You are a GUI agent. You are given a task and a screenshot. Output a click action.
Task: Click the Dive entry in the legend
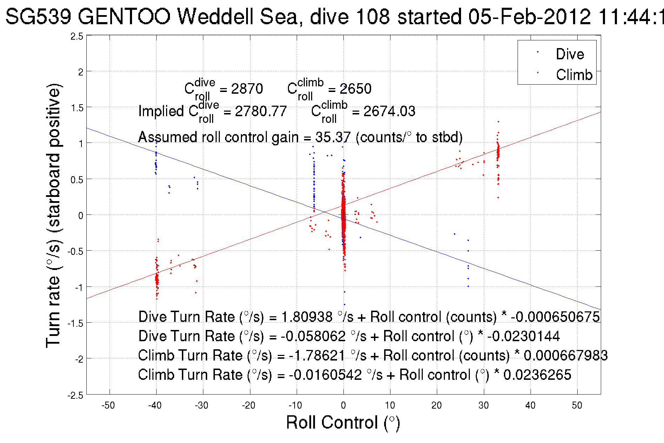click(x=570, y=54)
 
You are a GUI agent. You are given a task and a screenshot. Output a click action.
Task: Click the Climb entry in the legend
click(x=574, y=75)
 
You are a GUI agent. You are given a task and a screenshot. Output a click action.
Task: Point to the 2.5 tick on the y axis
click(x=77, y=37)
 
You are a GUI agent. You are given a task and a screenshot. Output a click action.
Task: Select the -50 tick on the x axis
click(x=108, y=405)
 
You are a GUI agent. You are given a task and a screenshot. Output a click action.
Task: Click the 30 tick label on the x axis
click(x=484, y=405)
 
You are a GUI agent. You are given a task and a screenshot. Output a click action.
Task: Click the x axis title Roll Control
click(x=343, y=422)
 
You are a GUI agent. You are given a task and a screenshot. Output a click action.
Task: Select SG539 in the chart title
click(x=39, y=16)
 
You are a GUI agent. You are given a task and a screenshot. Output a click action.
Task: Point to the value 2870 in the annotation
click(x=247, y=89)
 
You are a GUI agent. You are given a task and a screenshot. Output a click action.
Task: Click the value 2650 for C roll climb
click(x=355, y=89)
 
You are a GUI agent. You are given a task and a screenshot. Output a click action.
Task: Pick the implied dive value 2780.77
click(x=261, y=112)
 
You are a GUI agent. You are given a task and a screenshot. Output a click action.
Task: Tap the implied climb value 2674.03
click(x=389, y=112)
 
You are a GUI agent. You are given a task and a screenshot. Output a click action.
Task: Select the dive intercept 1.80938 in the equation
click(x=307, y=317)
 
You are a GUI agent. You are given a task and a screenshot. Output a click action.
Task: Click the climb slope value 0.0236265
click(x=537, y=375)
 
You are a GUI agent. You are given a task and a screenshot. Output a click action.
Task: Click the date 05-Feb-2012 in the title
click(x=529, y=16)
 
